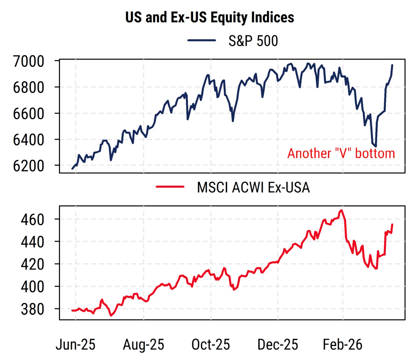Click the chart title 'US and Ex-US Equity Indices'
pos(210,17)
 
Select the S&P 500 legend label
pos(253,41)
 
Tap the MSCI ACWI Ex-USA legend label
pos(253,187)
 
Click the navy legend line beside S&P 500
pos(202,40)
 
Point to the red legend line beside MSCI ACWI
pos(170,187)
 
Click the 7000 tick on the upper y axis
pos(28,61)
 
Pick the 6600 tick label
pos(28,113)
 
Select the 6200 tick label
pos(28,165)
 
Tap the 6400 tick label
pos(28,139)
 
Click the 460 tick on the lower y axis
pos(32,219)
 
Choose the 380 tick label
pos(32,309)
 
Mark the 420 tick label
pos(32,264)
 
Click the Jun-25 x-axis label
pos(76,344)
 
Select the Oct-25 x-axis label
pos(211,344)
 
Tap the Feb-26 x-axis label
pos(343,344)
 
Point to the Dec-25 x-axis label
pos(278,344)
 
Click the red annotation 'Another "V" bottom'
pos(341,153)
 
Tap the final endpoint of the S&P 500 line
pos(392,65)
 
